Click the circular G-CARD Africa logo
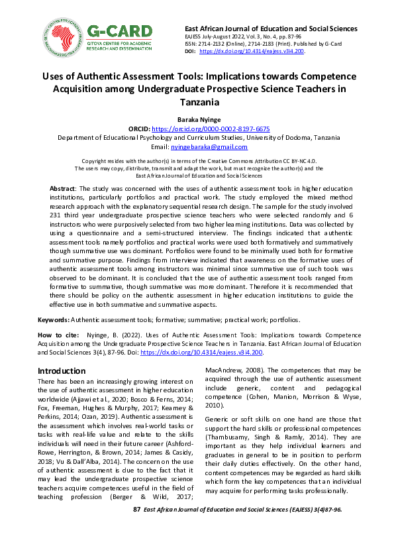click(x=63, y=37)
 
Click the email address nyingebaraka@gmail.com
click(x=209, y=147)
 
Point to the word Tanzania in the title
click(x=197, y=103)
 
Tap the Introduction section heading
click(x=66, y=370)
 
